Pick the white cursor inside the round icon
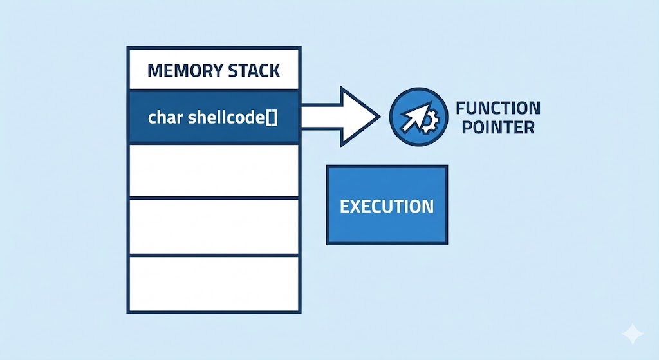(412, 118)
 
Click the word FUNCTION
(497, 108)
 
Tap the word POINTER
(494, 127)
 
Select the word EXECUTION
(387, 206)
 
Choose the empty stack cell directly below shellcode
(214, 171)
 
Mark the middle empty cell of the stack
(214, 227)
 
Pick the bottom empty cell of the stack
(214, 283)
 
